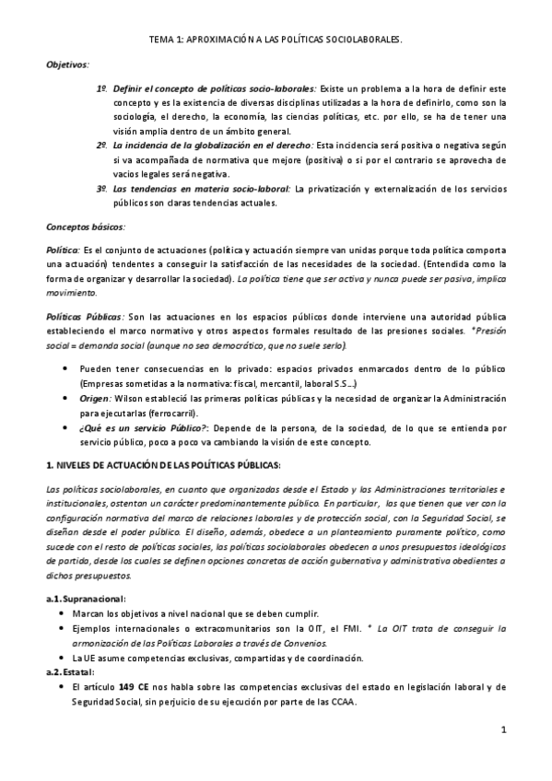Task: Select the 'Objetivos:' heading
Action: click(x=68, y=65)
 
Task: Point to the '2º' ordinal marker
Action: click(x=102, y=146)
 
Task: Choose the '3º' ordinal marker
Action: click(x=102, y=189)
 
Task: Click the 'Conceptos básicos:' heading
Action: click(x=85, y=227)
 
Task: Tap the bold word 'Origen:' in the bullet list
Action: click(x=95, y=399)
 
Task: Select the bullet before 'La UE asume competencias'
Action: click(x=62, y=658)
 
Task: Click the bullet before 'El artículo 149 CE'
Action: click(x=62, y=687)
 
